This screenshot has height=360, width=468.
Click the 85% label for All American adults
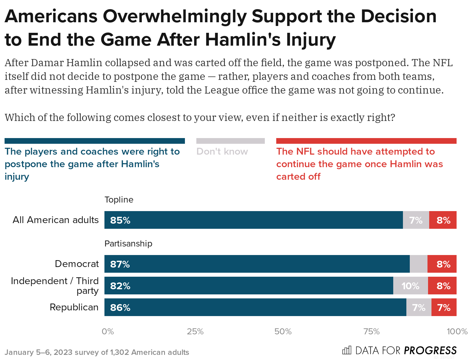pos(120,220)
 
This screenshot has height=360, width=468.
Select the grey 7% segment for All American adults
pos(416,220)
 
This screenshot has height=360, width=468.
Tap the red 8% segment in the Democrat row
pos(443,264)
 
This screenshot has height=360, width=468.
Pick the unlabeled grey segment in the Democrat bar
pos(418,264)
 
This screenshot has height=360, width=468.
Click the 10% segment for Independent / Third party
pos(410,286)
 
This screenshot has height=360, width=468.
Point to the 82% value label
pos(120,286)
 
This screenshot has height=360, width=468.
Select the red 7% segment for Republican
pos(444,308)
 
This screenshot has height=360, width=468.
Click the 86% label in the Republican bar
pos(120,308)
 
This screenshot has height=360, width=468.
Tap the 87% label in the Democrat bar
pos(120,264)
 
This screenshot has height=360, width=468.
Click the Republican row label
pos(74,307)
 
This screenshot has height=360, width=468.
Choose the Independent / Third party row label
pos(55,286)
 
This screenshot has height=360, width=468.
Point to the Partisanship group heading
pos(128,244)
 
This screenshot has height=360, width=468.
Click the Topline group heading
pos(119,200)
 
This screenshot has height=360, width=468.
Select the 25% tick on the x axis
pos(195,331)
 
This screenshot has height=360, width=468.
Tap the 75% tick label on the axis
pos(371,331)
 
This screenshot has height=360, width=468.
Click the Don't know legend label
pos(222,151)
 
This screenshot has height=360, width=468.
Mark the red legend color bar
pos(366,141)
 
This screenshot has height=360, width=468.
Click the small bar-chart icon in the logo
pos(347,350)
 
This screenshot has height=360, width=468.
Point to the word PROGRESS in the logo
pos(430,350)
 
